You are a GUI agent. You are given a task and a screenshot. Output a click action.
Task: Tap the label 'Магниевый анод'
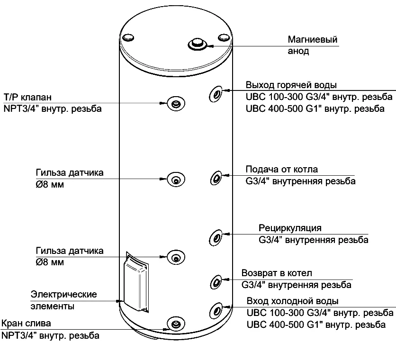tap(313, 45)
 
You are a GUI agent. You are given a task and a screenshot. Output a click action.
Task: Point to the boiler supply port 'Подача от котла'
tap(216, 178)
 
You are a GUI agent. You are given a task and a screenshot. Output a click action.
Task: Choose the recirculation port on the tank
tap(216, 236)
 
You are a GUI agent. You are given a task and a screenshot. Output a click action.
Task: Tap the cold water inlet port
tap(216, 311)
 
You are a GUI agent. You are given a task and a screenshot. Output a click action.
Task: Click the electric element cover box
tap(136, 283)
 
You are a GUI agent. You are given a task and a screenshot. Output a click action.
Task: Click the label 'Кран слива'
tap(26, 324)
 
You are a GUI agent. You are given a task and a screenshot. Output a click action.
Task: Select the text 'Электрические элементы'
tap(63, 300)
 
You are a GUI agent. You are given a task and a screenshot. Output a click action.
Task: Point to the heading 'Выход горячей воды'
tap(291, 85)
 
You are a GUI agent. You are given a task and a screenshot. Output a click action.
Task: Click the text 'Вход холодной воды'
tap(292, 301)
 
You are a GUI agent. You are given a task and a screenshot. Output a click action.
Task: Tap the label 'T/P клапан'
tap(27, 97)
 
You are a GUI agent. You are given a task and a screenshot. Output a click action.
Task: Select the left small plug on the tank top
tap(128, 37)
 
